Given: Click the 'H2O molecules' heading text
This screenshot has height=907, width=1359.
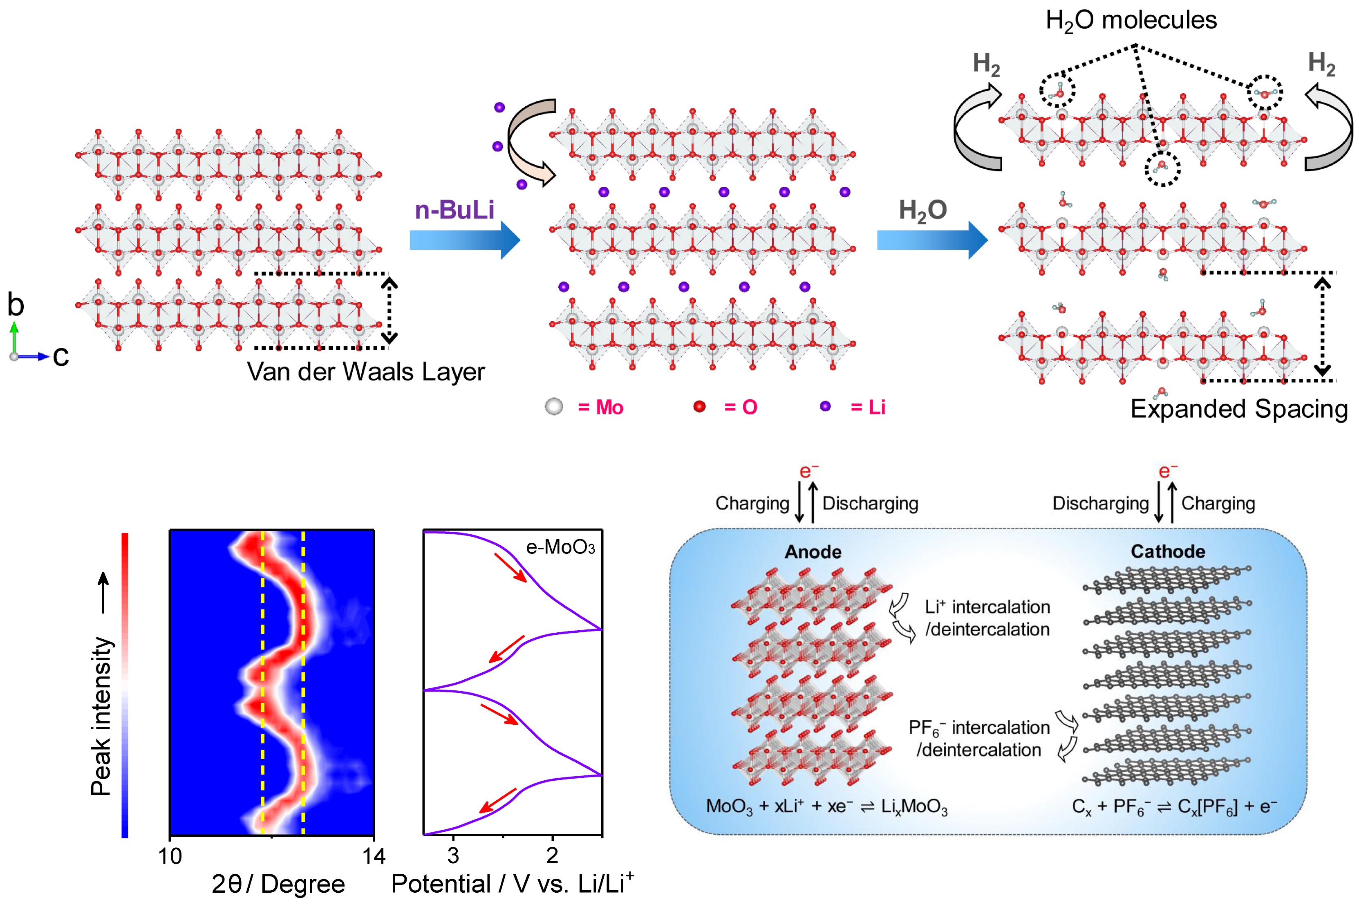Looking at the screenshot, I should tap(1131, 21).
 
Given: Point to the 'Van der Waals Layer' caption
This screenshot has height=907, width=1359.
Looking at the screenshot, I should tap(365, 372).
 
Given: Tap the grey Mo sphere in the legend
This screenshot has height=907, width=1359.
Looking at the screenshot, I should tap(553, 407).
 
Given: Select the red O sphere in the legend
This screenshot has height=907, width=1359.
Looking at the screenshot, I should tap(699, 407).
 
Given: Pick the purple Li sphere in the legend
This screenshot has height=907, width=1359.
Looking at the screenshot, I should tap(825, 407).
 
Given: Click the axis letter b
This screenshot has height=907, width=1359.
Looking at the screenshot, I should tap(16, 305).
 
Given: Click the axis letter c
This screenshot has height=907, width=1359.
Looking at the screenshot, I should tap(61, 355).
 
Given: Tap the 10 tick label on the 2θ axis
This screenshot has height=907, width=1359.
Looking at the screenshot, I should tap(170, 855).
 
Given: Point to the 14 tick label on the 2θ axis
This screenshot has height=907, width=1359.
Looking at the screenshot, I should tap(374, 855).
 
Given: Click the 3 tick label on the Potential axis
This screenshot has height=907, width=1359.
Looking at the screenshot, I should tap(453, 855).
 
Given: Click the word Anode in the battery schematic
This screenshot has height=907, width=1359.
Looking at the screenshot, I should tap(813, 552).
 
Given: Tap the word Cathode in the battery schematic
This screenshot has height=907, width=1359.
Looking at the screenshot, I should tap(1168, 551).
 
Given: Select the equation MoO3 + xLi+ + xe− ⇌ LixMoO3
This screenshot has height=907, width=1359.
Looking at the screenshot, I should tap(826, 806).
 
